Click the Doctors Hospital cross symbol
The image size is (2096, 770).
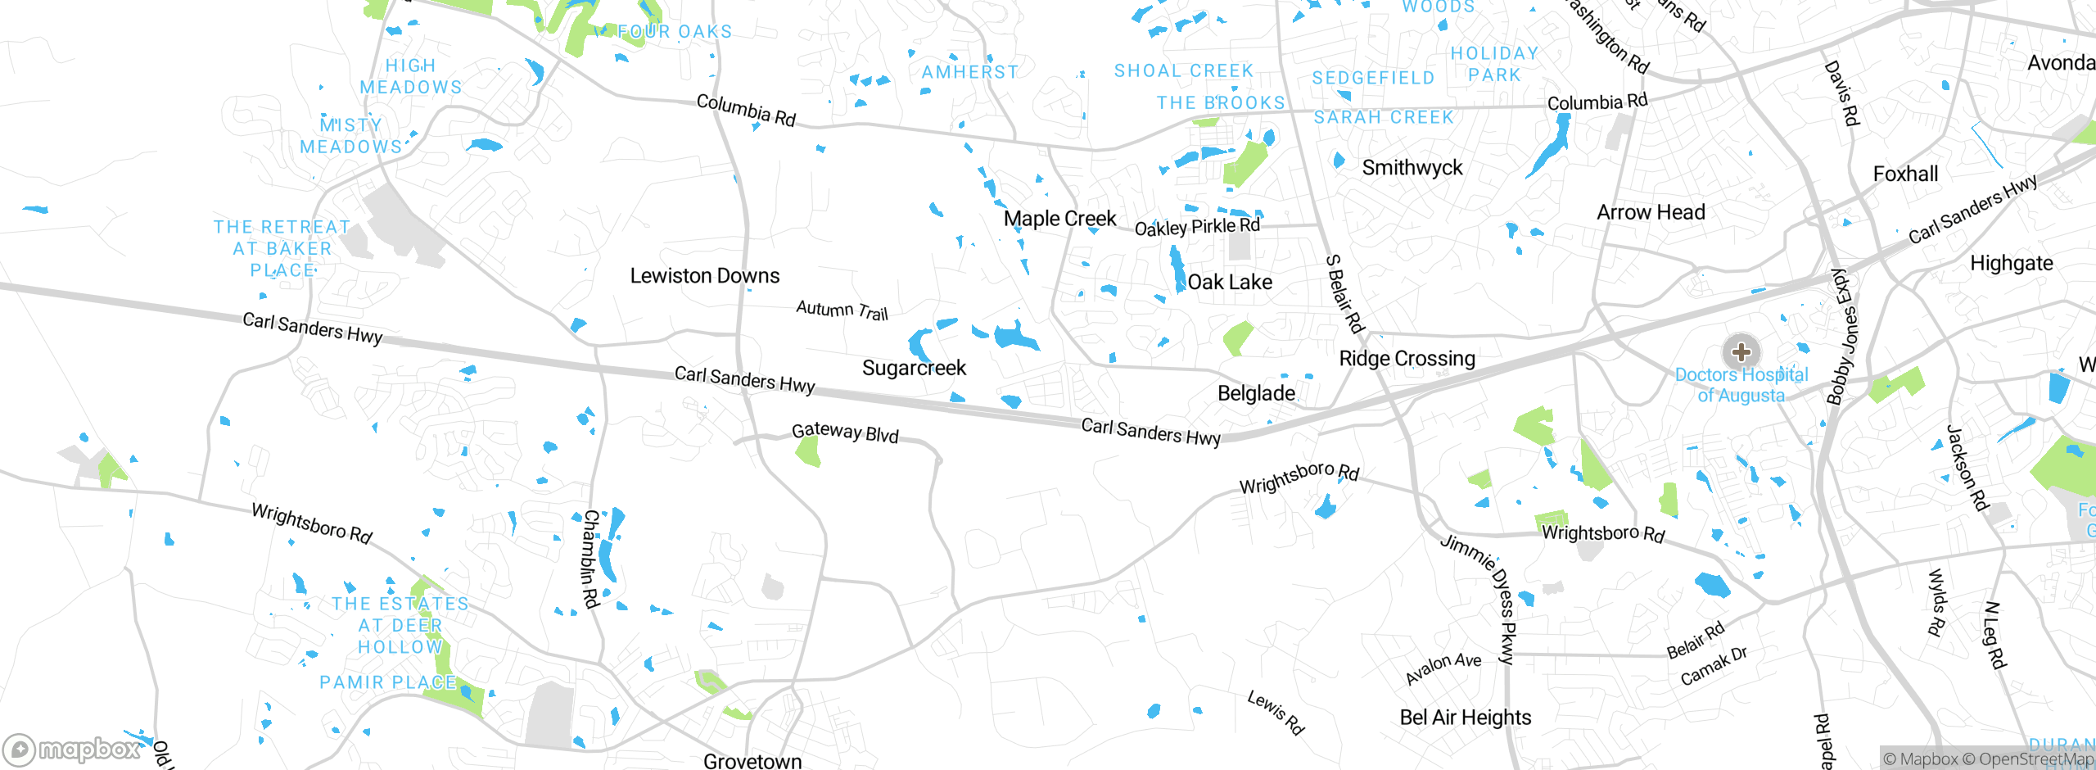tap(1741, 352)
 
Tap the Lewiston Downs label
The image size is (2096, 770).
tap(704, 276)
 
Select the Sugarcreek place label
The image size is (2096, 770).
tap(914, 368)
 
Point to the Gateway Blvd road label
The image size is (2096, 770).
tap(845, 433)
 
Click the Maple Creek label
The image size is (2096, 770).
tap(1059, 219)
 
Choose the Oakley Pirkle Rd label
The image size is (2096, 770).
tap(1196, 227)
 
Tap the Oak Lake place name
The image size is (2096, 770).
tap(1230, 283)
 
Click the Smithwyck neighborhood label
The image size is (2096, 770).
tap(1412, 168)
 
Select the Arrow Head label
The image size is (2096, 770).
tap(1651, 212)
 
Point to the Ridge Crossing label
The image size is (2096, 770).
tap(1407, 359)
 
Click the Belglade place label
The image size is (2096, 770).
tap(1256, 394)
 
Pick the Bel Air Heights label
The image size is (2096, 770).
tap(1465, 718)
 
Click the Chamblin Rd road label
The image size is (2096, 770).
tap(590, 559)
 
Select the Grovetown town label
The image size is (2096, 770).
tap(752, 761)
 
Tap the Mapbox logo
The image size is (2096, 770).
tap(74, 749)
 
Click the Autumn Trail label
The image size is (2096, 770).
tap(842, 310)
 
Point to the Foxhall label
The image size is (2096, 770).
tap(1905, 174)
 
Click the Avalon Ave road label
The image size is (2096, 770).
tap(1443, 668)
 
